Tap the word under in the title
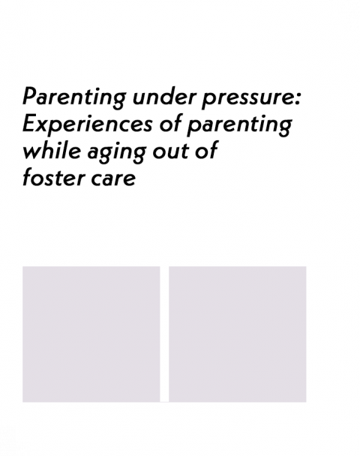164,96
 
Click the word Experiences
88,124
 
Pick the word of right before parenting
171,124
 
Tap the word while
52,150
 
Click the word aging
116,153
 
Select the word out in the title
169,151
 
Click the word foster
54,178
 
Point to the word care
113,178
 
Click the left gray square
91,334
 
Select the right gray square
238,334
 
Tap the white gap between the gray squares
164,334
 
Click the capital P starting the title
30,96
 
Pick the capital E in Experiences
30,123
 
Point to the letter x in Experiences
43,126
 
